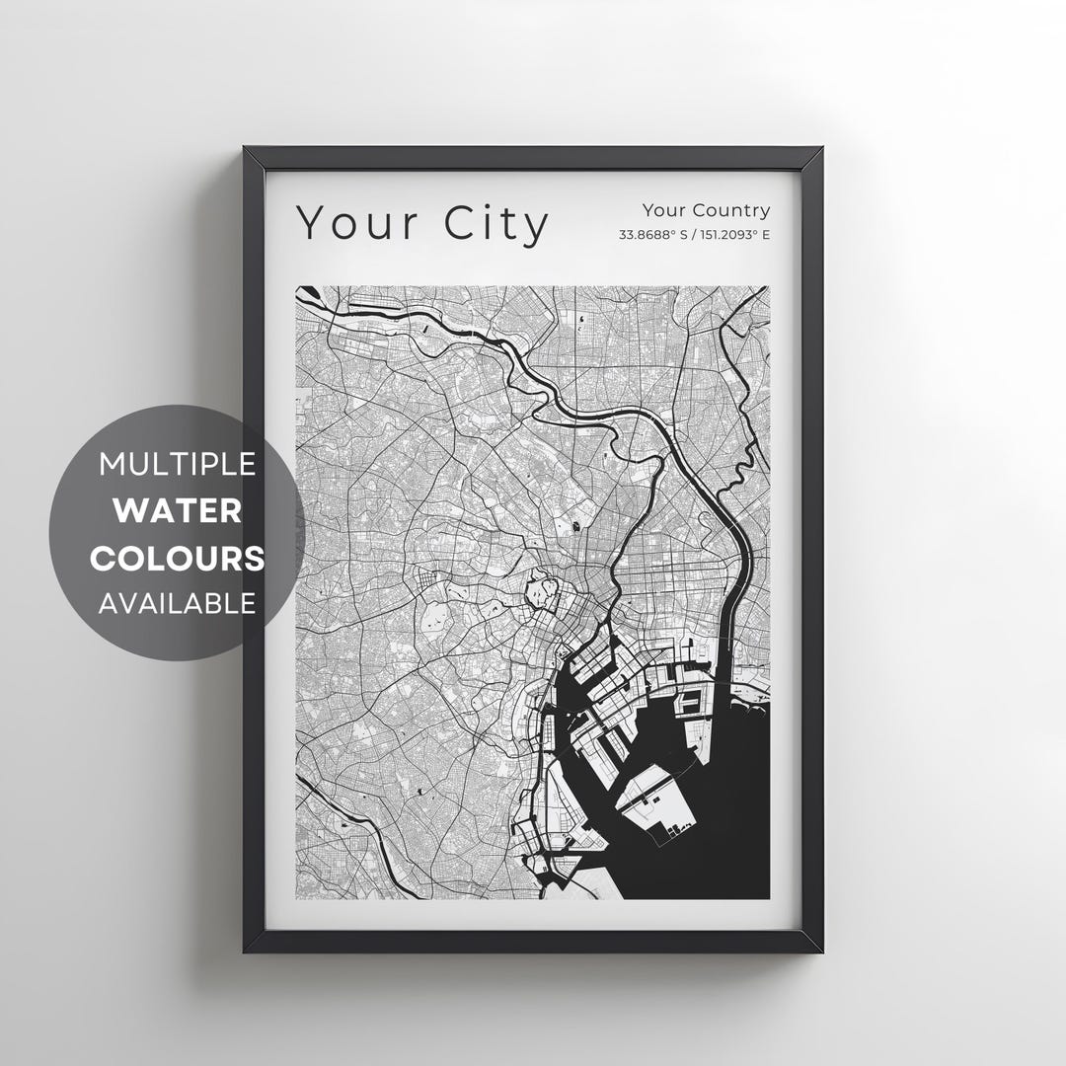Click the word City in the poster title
[496, 223]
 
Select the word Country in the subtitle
[731, 209]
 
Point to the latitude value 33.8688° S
[653, 235]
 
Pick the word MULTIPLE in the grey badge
[178, 463]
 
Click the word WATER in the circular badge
[178, 510]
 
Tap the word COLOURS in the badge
[178, 558]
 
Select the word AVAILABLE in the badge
[178, 602]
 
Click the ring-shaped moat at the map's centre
[541, 593]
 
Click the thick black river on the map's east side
[734, 592]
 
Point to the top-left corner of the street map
[296, 287]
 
